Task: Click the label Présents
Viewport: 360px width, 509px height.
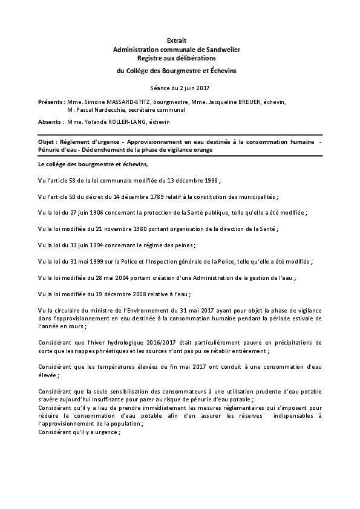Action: click(49, 102)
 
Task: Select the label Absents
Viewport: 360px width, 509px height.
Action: click(48, 122)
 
